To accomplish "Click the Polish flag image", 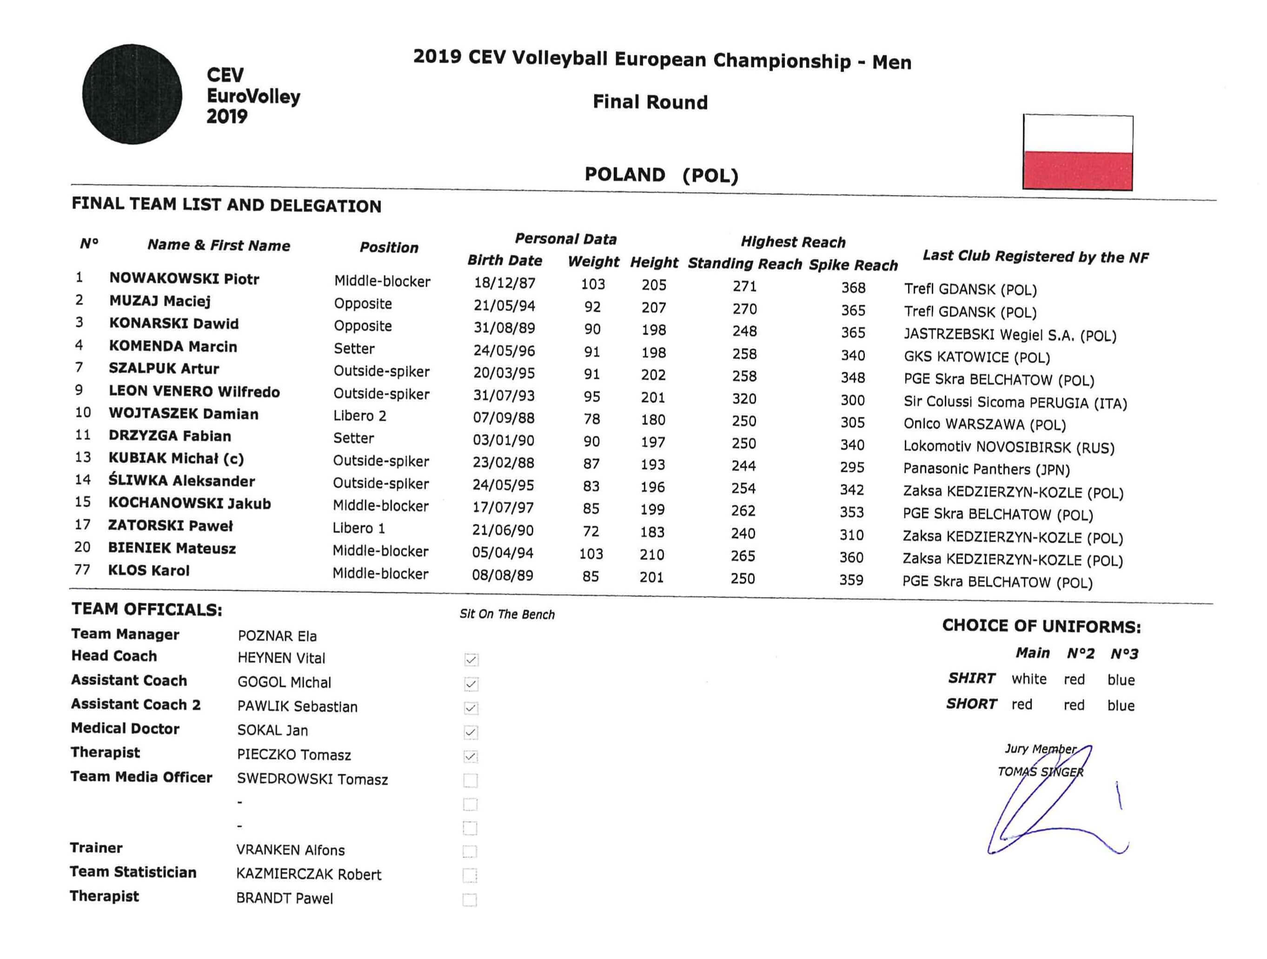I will [x=1077, y=153].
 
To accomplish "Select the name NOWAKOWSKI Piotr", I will [x=184, y=279].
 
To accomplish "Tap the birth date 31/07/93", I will [x=504, y=396].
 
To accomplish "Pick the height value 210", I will [x=652, y=555].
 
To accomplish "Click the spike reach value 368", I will [x=853, y=287].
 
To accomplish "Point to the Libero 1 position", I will [x=358, y=528].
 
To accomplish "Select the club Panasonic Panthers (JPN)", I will [x=986, y=469].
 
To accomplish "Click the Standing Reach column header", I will [x=744, y=264].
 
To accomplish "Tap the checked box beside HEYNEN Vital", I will [x=471, y=660].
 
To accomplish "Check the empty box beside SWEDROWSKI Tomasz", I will [x=470, y=780].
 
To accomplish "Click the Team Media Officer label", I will [x=141, y=777].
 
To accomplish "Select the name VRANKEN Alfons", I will [x=291, y=850].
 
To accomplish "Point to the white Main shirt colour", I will [x=1029, y=679].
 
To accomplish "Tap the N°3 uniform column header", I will [x=1124, y=654].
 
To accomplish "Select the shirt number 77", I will [x=82, y=570].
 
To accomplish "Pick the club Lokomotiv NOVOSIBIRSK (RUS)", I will [x=1008, y=447].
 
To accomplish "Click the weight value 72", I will [x=590, y=531].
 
